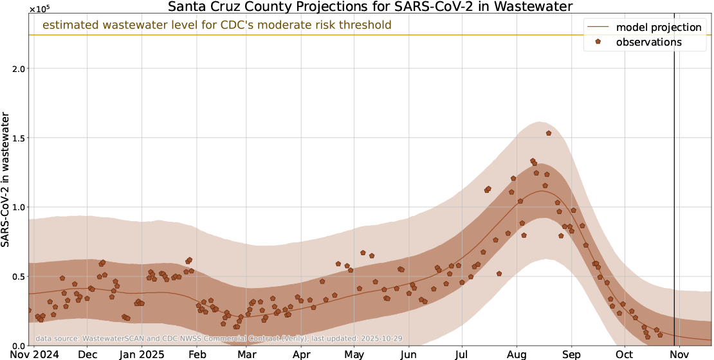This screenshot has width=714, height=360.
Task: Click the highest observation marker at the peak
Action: tap(549, 133)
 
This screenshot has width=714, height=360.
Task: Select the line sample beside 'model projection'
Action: tap(598, 27)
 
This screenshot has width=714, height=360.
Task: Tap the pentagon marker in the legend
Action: tap(598, 42)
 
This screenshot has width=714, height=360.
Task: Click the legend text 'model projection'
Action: tap(658, 27)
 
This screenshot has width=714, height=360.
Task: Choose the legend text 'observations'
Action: tap(648, 42)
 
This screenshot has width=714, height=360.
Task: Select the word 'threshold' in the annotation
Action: tap(366, 25)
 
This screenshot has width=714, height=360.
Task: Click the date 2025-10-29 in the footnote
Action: tap(385, 338)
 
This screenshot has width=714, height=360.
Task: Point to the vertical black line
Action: tap(674, 193)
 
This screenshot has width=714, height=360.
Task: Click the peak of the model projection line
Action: tap(542, 191)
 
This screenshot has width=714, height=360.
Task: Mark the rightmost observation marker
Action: tap(660, 335)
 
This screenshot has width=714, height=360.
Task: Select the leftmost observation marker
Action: tap(28, 310)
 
